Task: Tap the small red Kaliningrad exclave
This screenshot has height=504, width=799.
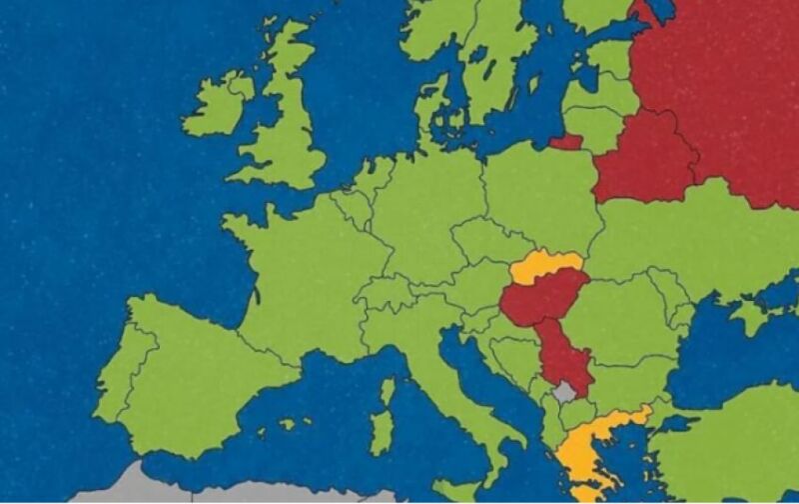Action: pos(566,142)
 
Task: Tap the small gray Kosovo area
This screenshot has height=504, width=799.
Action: pos(565,391)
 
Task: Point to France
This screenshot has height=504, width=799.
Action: pos(300,270)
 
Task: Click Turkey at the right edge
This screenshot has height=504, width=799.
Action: pos(739,440)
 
